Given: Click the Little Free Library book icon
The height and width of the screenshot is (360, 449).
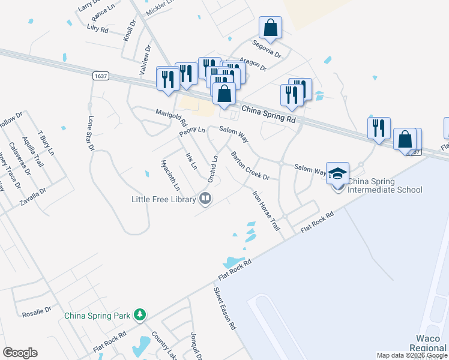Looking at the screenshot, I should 205,198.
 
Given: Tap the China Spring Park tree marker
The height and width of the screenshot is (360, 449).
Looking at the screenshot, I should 139,314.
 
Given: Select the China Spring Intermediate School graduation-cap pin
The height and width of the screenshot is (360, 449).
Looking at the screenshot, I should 338,173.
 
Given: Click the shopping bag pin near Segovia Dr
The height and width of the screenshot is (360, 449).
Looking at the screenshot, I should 270,28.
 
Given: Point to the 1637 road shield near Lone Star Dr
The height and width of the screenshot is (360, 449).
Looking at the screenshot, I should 101,76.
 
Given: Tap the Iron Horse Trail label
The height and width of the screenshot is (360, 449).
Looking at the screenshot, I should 266,211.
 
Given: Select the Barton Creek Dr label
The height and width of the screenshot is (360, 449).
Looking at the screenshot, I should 250,166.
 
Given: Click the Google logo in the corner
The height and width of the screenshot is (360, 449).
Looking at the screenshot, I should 20,353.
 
